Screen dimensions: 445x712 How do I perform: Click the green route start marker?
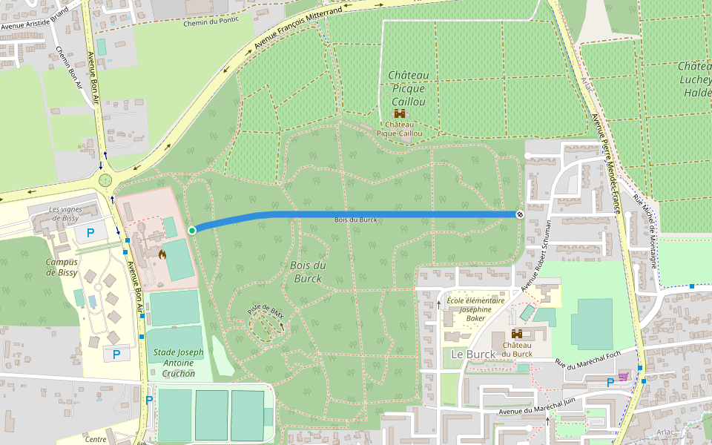192,231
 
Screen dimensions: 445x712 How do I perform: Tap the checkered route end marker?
521,214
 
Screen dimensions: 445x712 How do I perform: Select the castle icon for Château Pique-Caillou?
400,114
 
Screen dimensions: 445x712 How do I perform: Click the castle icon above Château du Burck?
517,333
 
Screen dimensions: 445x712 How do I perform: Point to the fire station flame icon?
162,254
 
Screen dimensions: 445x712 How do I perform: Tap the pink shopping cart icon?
624,376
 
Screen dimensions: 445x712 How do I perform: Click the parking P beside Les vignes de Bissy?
91,233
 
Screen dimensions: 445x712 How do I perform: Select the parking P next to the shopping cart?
610,383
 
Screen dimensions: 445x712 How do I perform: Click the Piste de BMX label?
266,311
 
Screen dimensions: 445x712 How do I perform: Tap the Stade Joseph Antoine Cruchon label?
178,363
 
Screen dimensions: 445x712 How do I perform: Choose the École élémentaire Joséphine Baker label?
475,309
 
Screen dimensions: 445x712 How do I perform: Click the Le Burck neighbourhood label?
472,355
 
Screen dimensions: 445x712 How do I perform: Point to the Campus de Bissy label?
61,267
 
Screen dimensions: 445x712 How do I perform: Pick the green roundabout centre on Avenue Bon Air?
105,179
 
